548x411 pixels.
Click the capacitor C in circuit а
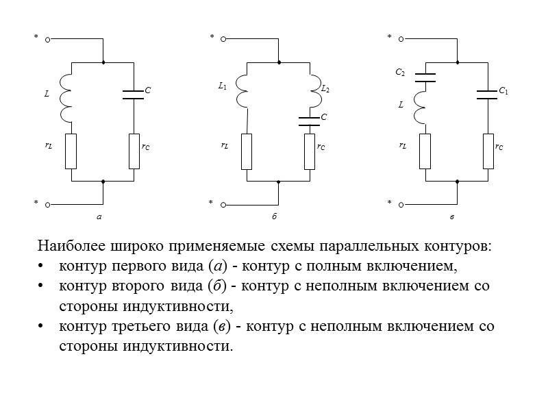coord(133,94)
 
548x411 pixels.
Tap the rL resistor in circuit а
coord(71,151)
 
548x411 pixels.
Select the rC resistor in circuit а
coord(134,151)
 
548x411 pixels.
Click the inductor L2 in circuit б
coord(313,90)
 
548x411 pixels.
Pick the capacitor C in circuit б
coord(310,122)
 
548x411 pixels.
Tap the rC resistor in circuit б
coord(310,151)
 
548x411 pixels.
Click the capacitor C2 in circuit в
coord(425,77)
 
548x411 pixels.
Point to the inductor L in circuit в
coord(421,106)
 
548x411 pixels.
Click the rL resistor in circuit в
coord(425,151)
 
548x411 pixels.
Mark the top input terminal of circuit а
coord(48,39)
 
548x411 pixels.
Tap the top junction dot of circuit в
coord(456,62)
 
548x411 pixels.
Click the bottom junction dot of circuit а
coord(103,182)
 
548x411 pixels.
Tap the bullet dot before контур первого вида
coord(42,266)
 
